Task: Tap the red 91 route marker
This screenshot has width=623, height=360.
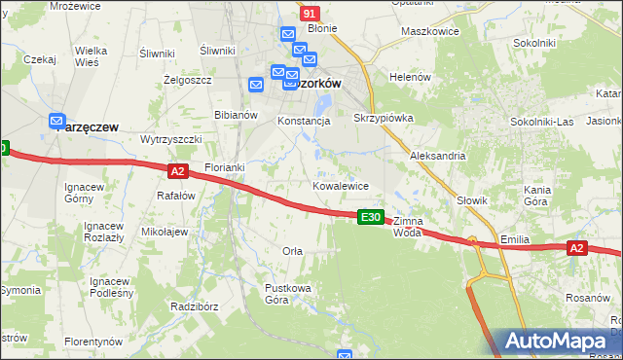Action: tap(310, 13)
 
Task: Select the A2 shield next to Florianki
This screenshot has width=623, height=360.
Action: tap(176, 171)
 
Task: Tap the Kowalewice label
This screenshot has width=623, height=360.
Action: tap(340, 185)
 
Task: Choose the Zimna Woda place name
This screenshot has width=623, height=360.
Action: tap(410, 227)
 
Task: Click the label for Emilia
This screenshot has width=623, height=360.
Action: tap(514, 237)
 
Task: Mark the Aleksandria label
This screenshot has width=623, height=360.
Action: tap(437, 156)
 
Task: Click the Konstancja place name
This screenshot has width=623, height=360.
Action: tap(305, 121)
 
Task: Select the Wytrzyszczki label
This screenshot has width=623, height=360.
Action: tap(170, 139)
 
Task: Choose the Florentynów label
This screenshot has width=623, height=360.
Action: tap(93, 342)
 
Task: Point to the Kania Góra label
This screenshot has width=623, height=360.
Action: tap(537, 195)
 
